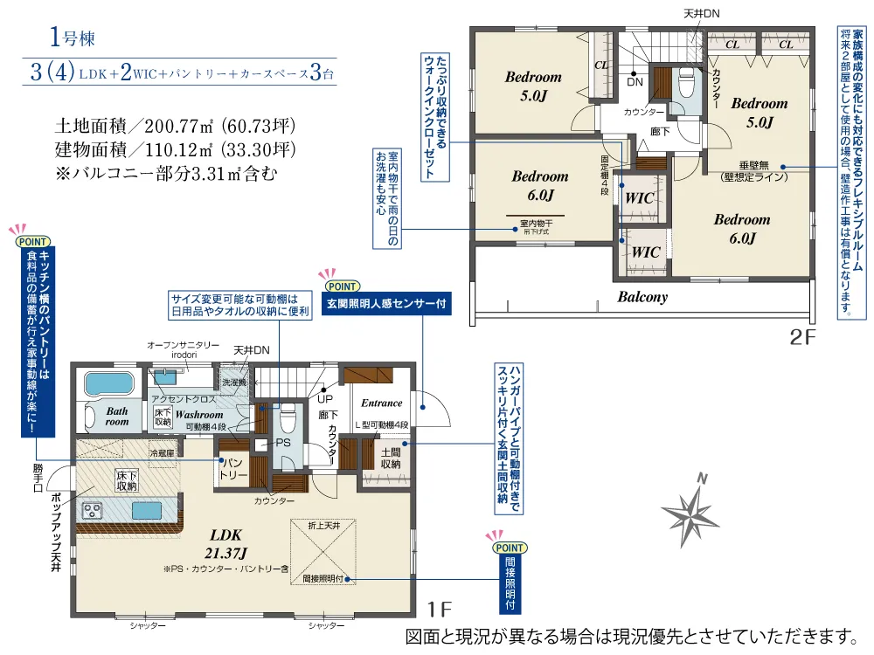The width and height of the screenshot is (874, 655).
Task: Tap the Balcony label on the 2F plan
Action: tap(642, 297)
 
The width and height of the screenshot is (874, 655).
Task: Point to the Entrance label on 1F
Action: tap(381, 403)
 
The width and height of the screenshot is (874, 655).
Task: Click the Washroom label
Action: tap(199, 414)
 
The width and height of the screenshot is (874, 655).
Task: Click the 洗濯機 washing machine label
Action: tap(233, 383)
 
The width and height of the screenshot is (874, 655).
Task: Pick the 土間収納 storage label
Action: tap(391, 458)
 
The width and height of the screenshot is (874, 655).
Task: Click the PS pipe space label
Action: tap(282, 444)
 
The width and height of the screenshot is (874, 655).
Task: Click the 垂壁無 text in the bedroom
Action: tap(754, 165)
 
